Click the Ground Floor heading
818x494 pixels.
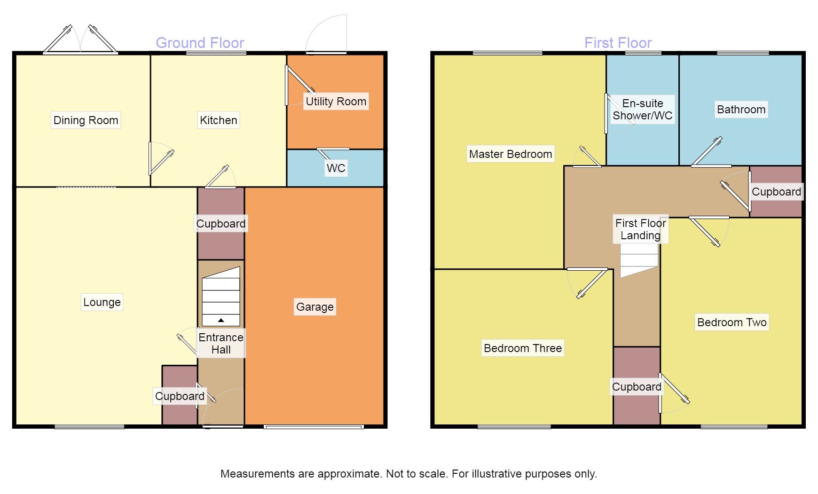click(x=200, y=43)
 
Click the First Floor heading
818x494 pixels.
click(x=618, y=43)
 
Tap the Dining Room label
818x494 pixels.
click(x=86, y=120)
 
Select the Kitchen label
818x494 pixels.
click(x=219, y=120)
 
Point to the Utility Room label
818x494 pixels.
click(x=336, y=102)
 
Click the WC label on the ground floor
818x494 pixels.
click(x=336, y=168)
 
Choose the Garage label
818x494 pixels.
click(x=315, y=307)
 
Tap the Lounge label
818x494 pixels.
click(x=102, y=302)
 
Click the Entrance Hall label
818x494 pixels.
click(x=221, y=344)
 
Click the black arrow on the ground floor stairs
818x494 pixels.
click(x=221, y=321)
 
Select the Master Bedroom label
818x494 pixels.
click(x=511, y=154)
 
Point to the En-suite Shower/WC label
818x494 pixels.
click(x=643, y=110)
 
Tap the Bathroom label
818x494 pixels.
click(x=741, y=110)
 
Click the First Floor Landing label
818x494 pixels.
click(x=641, y=229)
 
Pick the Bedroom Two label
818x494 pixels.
click(x=732, y=322)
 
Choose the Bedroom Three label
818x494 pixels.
click(x=523, y=348)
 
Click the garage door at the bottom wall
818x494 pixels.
click(x=314, y=427)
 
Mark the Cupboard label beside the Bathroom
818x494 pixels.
click(x=777, y=192)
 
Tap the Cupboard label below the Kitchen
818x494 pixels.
click(x=221, y=224)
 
